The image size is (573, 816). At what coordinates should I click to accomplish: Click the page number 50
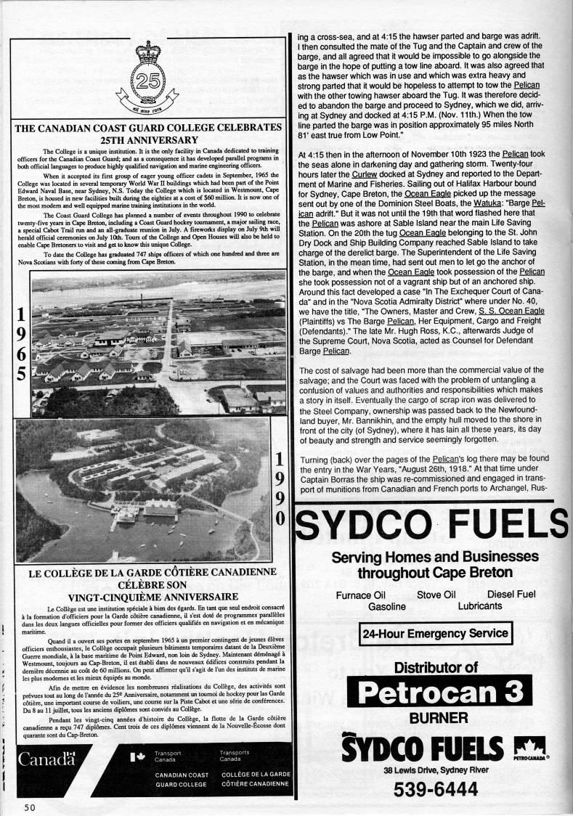click(x=29, y=807)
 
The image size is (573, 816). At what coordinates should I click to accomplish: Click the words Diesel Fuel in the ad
click(x=511, y=595)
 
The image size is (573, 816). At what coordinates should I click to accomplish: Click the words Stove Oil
click(x=439, y=595)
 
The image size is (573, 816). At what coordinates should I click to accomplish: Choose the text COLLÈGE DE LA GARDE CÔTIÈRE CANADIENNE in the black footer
click(x=253, y=779)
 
